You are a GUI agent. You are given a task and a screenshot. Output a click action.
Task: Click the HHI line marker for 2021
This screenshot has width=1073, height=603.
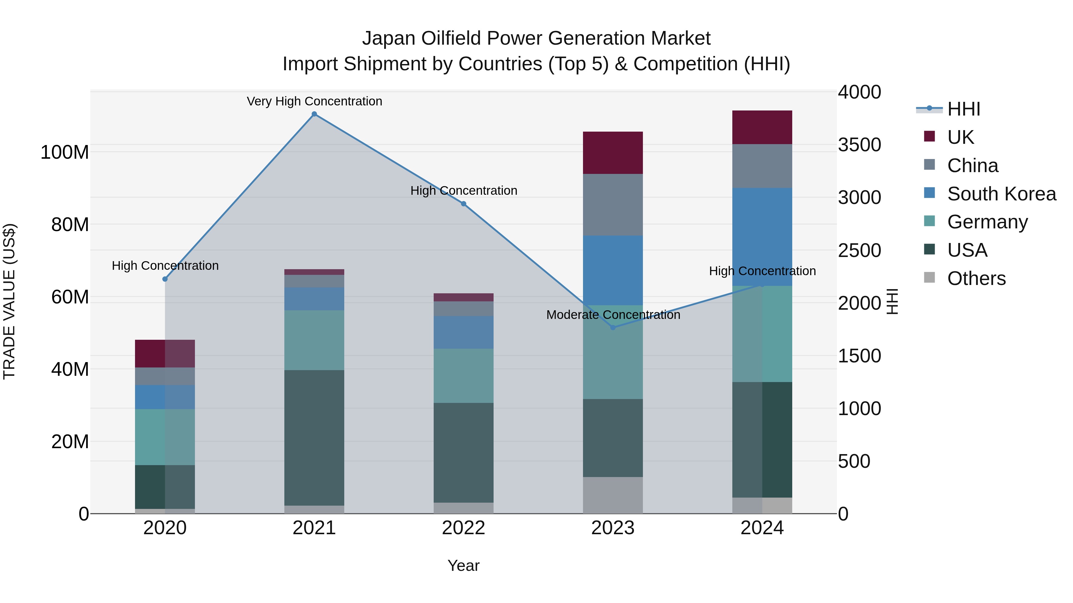point(314,114)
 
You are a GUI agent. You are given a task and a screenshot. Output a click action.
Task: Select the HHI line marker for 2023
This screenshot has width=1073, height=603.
point(613,328)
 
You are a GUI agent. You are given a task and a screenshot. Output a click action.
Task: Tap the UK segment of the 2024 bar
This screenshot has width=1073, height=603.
point(762,127)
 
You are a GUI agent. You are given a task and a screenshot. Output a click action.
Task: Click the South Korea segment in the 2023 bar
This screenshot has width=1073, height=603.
point(613,270)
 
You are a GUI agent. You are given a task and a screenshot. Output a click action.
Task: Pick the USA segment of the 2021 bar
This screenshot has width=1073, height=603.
point(314,438)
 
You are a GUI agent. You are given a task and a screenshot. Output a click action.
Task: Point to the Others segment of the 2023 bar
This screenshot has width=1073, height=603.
point(613,495)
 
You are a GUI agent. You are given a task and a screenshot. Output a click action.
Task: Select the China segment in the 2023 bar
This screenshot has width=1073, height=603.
point(613,205)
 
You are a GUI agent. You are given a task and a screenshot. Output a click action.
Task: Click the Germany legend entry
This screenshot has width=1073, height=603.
point(987,222)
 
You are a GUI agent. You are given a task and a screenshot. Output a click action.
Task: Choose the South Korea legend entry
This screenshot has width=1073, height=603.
point(1001,194)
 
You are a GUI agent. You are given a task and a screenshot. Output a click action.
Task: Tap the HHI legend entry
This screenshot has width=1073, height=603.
point(963,109)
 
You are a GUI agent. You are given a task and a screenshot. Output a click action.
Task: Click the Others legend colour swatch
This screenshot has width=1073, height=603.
point(929,278)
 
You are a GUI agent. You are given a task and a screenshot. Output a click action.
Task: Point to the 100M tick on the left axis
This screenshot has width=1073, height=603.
point(65,152)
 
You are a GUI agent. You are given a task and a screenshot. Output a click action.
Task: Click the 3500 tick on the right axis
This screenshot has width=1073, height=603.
point(859,145)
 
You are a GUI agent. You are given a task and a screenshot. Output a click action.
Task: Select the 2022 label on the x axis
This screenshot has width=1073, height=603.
point(463,528)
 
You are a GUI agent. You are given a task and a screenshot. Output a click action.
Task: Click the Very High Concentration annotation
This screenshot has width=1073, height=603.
point(314,101)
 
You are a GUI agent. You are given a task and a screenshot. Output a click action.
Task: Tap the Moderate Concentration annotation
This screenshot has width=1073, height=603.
point(613,315)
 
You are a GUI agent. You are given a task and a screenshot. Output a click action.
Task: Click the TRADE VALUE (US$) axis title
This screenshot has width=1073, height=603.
point(10,301)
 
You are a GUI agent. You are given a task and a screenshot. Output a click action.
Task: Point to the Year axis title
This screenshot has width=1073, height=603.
point(463,565)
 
